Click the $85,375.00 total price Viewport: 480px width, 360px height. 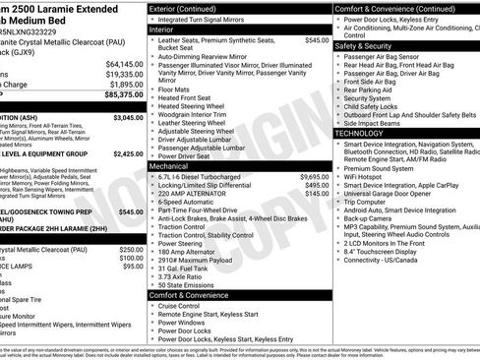118,96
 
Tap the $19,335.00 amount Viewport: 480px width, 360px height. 119,73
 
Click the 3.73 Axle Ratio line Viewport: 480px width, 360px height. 185,276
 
